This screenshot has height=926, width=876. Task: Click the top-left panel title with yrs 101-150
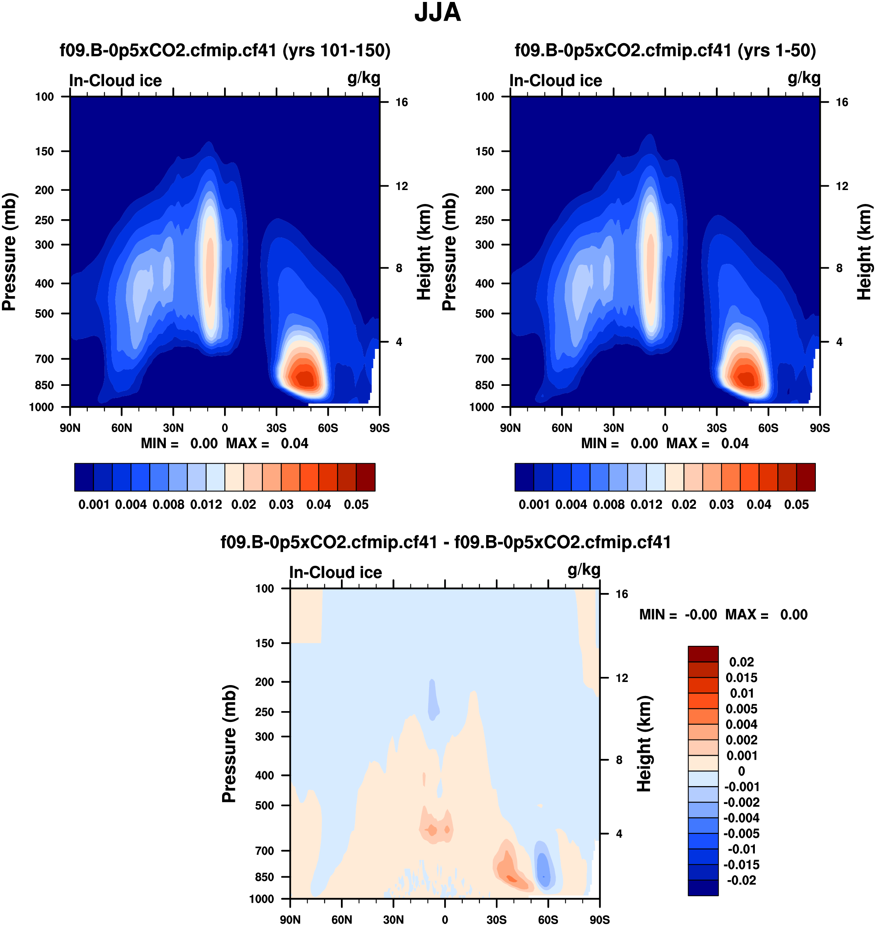point(225,51)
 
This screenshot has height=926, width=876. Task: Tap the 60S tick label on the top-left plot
point(328,428)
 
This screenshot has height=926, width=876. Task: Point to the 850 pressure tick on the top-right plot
point(485,385)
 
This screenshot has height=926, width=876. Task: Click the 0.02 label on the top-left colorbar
point(244,505)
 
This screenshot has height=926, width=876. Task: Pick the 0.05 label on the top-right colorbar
point(797,505)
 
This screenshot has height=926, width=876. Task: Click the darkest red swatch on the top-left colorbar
point(366,477)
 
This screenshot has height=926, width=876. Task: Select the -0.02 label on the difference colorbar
point(742,880)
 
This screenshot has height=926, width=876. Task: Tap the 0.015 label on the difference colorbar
point(742,678)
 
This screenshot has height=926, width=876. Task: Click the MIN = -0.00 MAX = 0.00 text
point(723,615)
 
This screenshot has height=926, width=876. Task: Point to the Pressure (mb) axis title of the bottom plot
point(229,744)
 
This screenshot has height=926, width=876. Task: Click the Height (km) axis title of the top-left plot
point(424,252)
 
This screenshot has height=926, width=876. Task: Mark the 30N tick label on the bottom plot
point(393,919)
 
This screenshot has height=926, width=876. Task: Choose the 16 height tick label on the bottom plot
point(622,594)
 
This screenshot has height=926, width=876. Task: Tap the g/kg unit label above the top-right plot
point(804,78)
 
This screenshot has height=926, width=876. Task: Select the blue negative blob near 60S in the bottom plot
point(543,868)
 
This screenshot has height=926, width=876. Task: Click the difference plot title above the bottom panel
point(445,542)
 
